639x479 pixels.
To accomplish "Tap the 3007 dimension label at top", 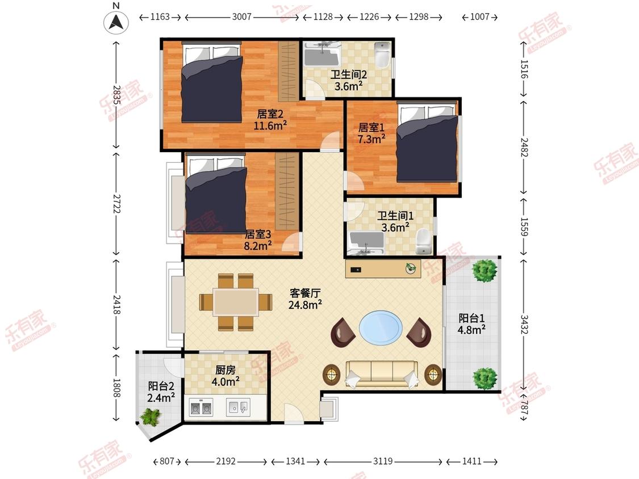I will coord(241,18).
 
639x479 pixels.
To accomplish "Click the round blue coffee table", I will coord(380,327).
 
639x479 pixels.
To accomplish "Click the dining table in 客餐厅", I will coord(236,302).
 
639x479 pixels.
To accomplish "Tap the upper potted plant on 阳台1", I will coord(485,270).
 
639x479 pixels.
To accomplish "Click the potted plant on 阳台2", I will coord(150,418).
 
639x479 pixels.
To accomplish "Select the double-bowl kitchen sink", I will coord(201,408).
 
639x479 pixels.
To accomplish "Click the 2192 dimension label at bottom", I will coord(225,462).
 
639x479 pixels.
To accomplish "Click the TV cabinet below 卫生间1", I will coord(383,269).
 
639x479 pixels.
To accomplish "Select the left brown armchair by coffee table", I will coord(343,332).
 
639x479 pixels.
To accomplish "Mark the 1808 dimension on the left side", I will coord(116,387).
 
